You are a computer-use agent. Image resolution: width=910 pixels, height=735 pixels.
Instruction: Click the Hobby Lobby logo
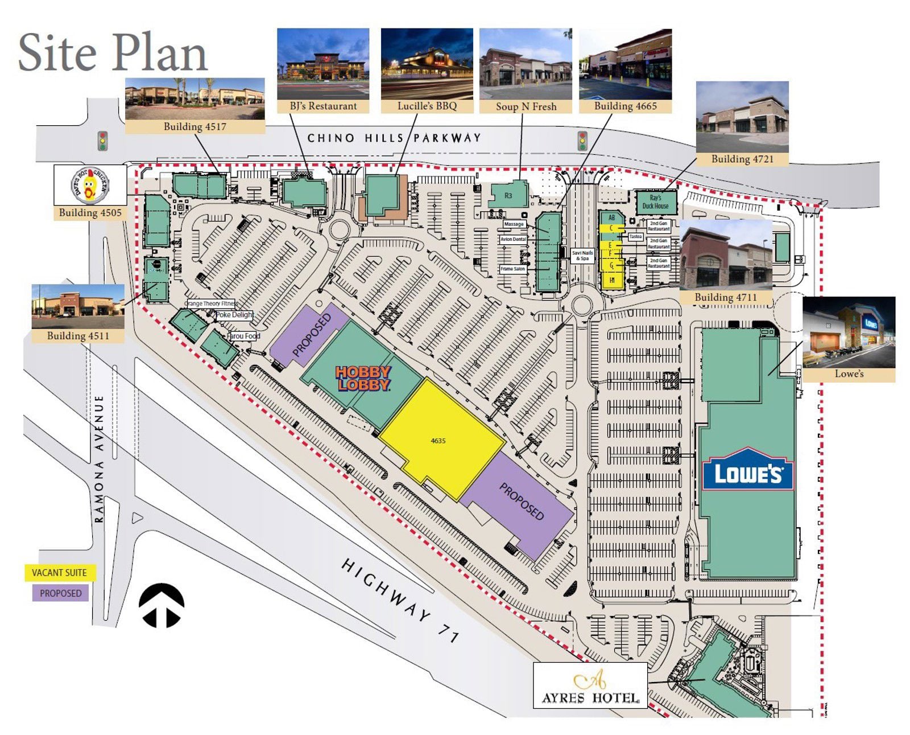pyautogui.click(x=363, y=378)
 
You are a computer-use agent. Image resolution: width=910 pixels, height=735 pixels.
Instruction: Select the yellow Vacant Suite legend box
pyautogui.click(x=60, y=573)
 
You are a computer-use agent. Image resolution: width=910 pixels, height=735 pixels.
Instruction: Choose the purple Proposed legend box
pyautogui.click(x=60, y=593)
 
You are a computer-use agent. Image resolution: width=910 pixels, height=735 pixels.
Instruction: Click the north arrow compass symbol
pyautogui.click(x=162, y=605)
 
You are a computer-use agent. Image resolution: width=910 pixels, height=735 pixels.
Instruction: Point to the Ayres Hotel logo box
pyautogui.click(x=590, y=685)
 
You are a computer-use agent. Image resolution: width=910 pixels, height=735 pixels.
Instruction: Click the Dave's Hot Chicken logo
pyautogui.click(x=90, y=185)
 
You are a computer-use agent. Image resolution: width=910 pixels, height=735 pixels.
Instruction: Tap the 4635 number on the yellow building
pyautogui.click(x=438, y=441)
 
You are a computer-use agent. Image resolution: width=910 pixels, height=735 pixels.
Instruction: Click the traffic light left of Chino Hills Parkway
pyautogui.click(x=103, y=141)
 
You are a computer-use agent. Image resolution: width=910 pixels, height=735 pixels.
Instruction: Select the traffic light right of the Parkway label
pyautogui.click(x=582, y=141)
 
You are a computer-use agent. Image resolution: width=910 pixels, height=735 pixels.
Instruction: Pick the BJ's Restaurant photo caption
pyautogui.click(x=323, y=106)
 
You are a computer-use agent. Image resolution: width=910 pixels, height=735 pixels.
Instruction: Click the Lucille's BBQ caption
pyautogui.click(x=427, y=106)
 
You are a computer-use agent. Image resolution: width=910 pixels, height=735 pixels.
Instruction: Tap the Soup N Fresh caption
pyautogui.click(x=526, y=106)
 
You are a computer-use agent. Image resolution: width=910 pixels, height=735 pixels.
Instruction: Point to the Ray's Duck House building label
pyautogui.click(x=655, y=202)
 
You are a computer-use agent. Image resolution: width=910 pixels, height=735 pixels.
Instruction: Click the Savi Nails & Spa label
pyautogui.click(x=582, y=256)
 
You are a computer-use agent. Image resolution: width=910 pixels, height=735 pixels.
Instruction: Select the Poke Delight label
pyautogui.click(x=234, y=315)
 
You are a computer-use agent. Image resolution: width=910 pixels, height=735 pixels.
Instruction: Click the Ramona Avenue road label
pyautogui.click(x=100, y=458)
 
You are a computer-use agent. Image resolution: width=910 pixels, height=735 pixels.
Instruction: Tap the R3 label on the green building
pyautogui.click(x=508, y=196)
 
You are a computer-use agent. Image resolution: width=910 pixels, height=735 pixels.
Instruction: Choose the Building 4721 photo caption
pyautogui.click(x=742, y=159)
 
